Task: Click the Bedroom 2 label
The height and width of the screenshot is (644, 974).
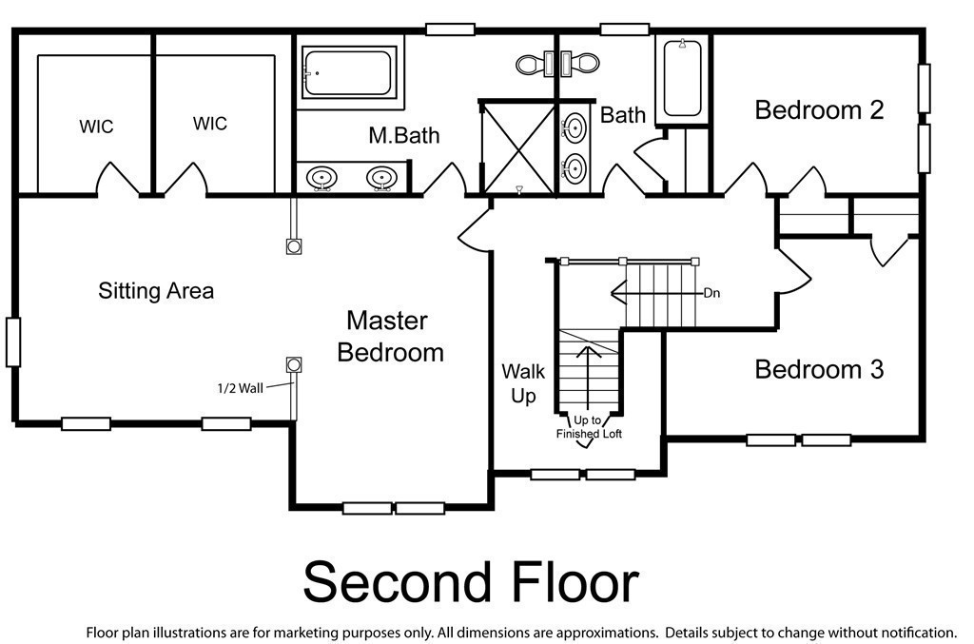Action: click(x=819, y=110)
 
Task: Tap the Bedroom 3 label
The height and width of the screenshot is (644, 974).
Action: click(x=819, y=369)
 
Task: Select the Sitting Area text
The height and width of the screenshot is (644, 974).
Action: click(x=156, y=291)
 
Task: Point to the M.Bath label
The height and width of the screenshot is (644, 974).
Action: click(x=403, y=135)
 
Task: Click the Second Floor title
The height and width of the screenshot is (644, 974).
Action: click(x=471, y=582)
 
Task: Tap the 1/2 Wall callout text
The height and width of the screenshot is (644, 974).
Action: click(x=240, y=388)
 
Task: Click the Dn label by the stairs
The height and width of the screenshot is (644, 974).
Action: click(x=711, y=293)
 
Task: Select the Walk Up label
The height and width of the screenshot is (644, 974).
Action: click(x=523, y=383)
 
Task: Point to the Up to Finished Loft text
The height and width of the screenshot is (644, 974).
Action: click(x=588, y=427)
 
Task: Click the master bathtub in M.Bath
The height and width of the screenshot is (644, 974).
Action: click(x=349, y=73)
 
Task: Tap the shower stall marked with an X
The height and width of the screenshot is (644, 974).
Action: click(x=518, y=147)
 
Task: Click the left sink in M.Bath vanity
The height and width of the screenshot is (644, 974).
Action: click(x=321, y=178)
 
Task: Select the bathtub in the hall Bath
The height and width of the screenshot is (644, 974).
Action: click(x=682, y=78)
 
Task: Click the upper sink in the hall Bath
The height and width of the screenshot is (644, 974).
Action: click(x=575, y=127)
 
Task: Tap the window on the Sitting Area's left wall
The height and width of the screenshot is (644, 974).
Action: click(x=13, y=342)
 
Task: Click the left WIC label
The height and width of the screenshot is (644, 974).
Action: click(x=96, y=127)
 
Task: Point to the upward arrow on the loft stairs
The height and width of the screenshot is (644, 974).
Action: click(x=586, y=376)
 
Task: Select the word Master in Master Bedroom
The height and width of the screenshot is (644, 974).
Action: click(x=387, y=321)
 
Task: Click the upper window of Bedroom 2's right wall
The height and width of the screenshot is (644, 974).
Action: click(x=925, y=88)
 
